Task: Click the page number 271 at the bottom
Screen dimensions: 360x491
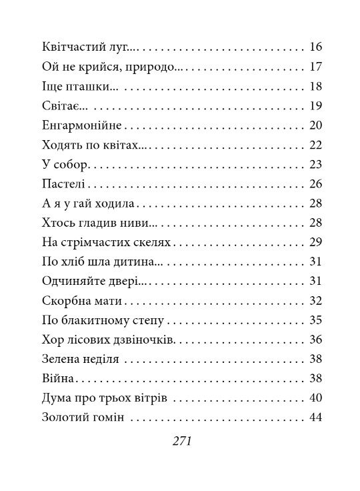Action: [181, 441]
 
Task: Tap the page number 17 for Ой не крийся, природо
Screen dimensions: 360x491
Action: [316, 67]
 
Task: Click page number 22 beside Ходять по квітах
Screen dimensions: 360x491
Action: [316, 145]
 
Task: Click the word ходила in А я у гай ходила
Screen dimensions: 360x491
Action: [116, 203]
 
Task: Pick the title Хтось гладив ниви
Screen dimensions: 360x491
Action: [91, 222]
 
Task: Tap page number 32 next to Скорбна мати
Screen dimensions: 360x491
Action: [316, 300]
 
